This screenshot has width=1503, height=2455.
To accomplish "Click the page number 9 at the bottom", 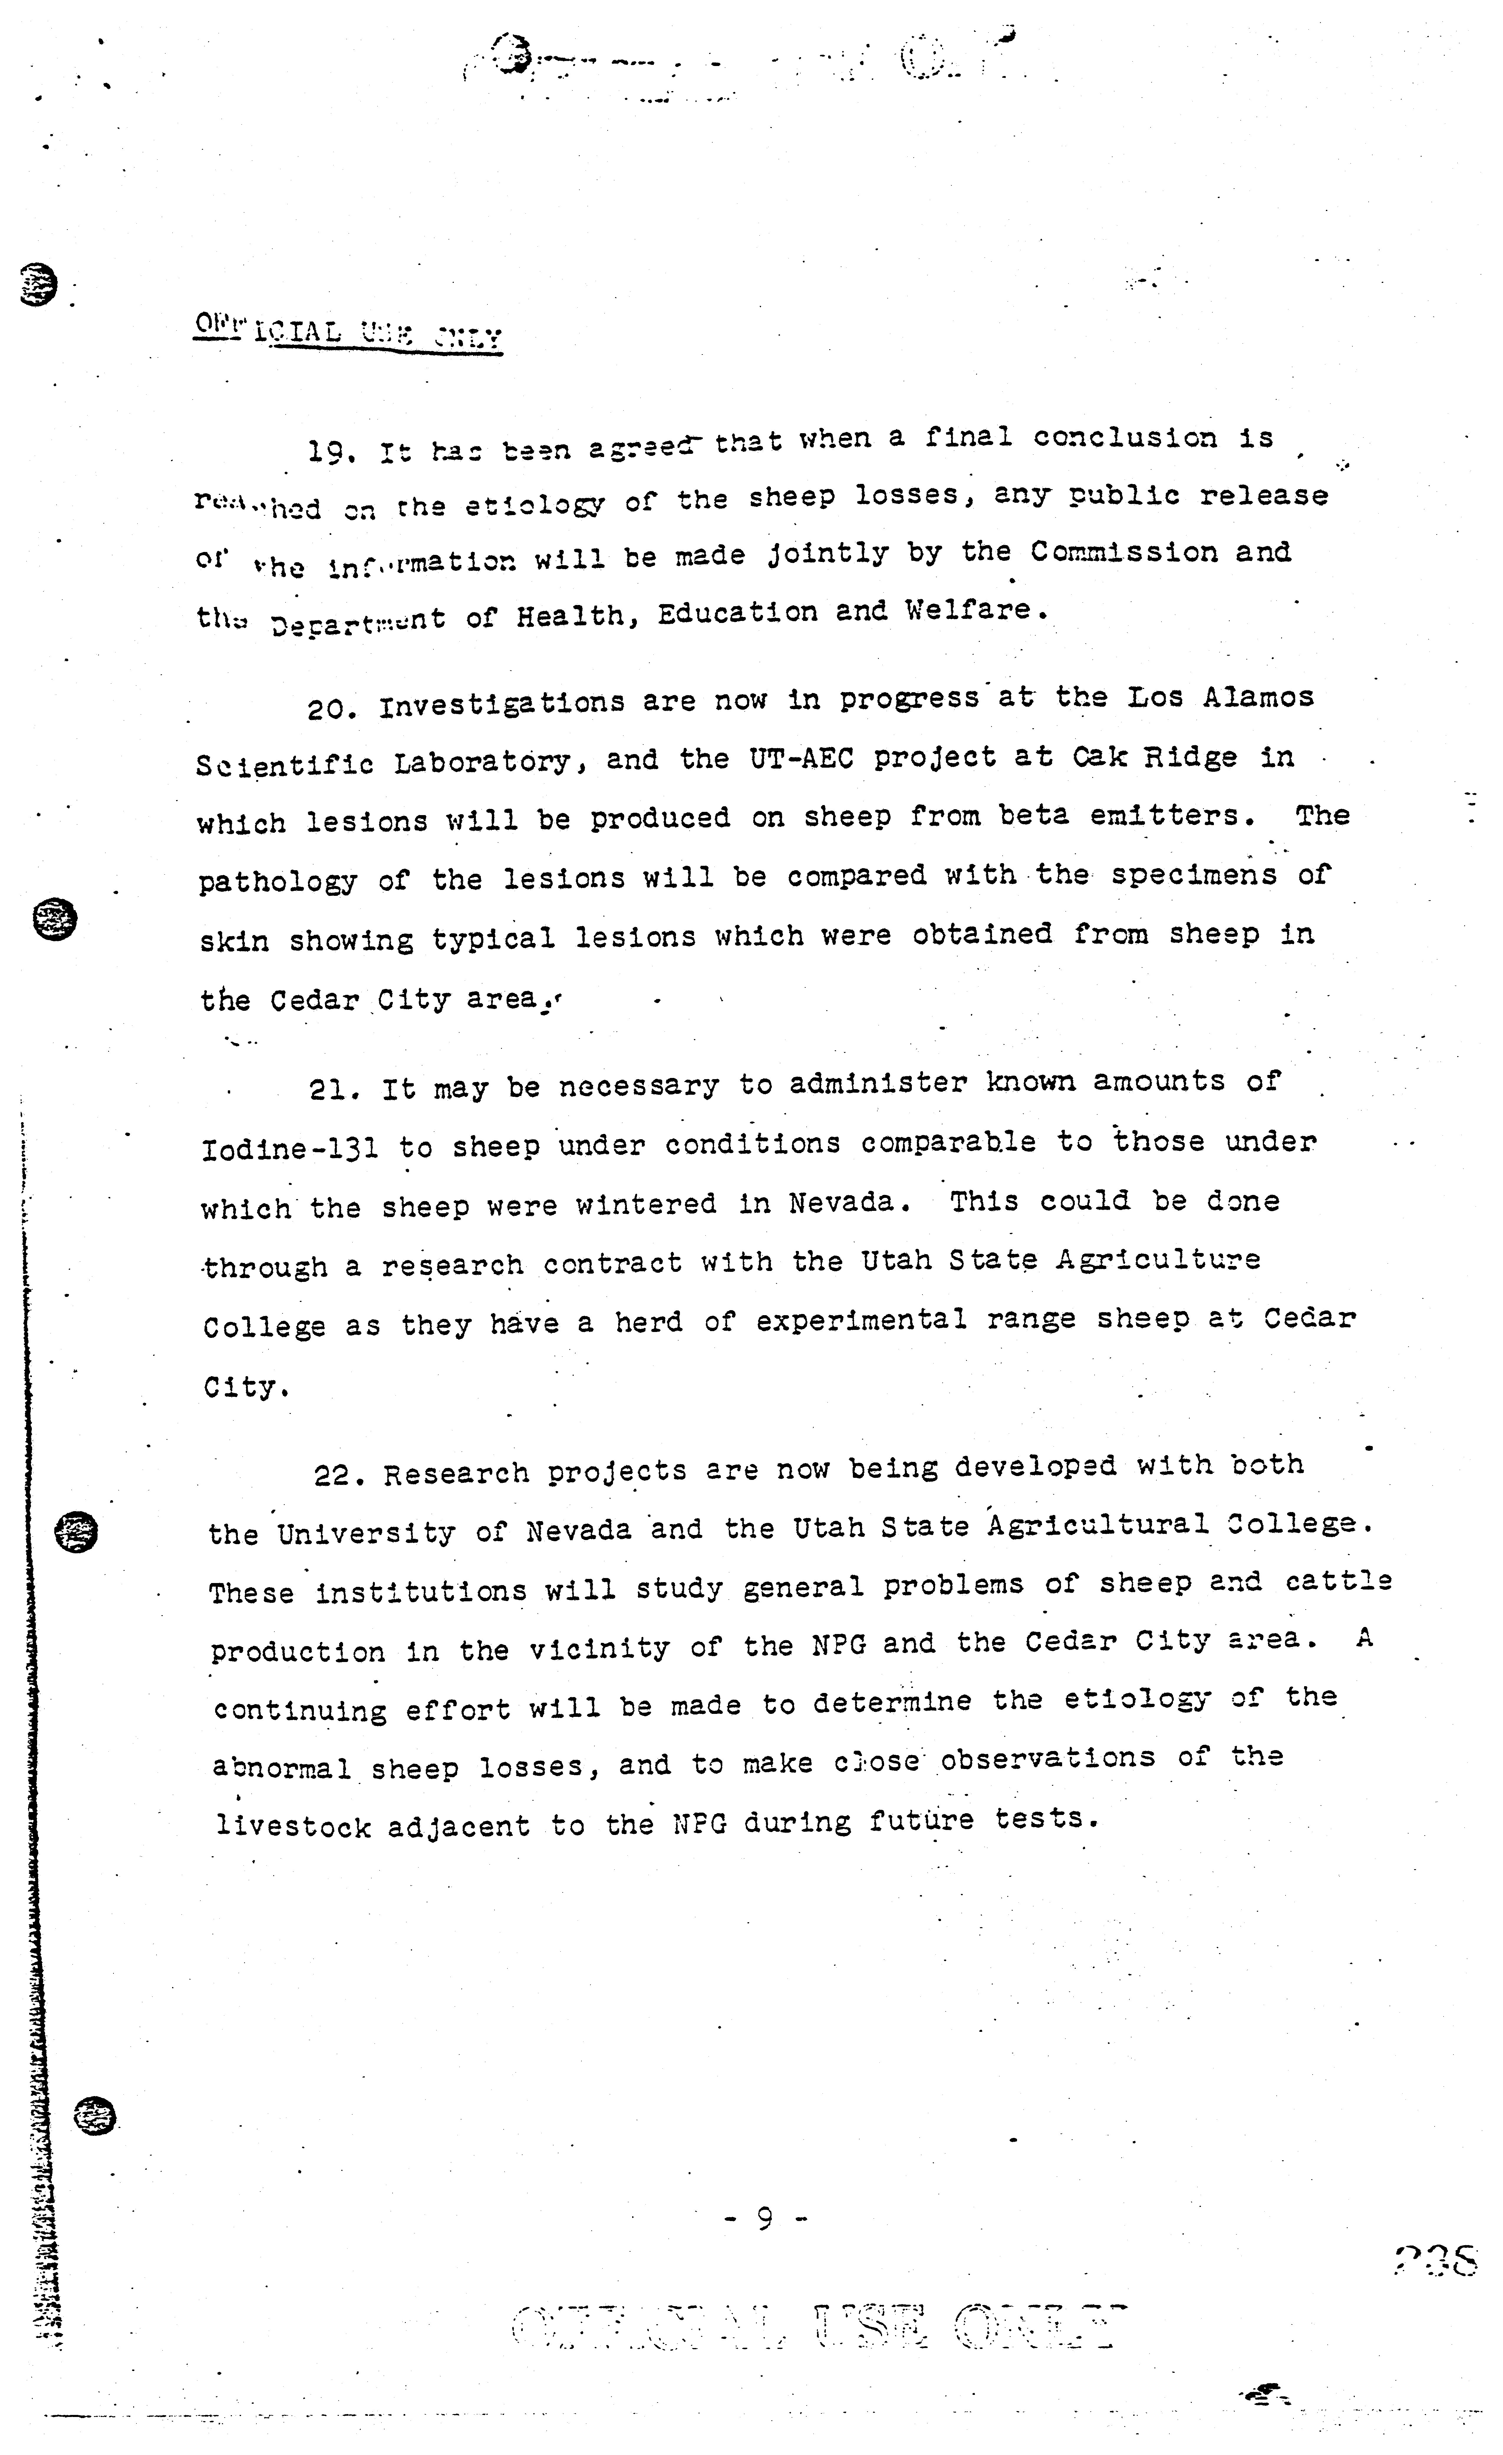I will point(764,2218).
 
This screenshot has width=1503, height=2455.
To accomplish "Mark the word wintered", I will point(646,1205).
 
